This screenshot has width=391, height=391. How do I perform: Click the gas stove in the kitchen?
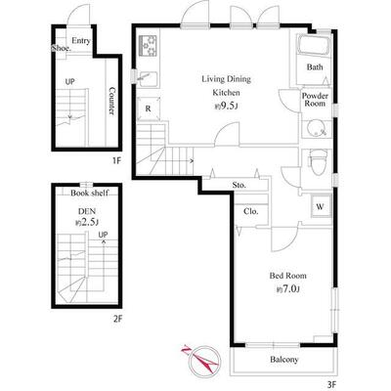[x=149, y=45]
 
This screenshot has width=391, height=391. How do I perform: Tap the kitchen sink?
[x=149, y=78]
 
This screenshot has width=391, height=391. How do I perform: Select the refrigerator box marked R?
[x=149, y=109]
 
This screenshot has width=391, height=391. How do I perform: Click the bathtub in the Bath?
[x=314, y=46]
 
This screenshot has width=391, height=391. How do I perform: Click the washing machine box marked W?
[x=320, y=206]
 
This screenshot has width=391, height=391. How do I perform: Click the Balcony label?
[x=284, y=360]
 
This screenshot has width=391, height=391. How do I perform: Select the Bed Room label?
[x=287, y=276]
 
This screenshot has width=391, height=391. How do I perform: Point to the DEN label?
[x=87, y=211]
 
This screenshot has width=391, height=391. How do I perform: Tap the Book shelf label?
[x=89, y=193]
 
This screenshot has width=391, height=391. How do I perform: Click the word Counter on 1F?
[x=111, y=101]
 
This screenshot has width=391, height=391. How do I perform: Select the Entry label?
[x=81, y=41]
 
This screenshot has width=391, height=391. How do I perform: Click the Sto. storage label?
[x=239, y=185]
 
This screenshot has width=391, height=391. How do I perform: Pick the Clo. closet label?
[x=251, y=211]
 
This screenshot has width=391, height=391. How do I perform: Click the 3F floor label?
[x=331, y=385]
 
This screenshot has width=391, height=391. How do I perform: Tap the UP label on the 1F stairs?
[x=69, y=82]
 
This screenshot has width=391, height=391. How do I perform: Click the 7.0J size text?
[x=288, y=288]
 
